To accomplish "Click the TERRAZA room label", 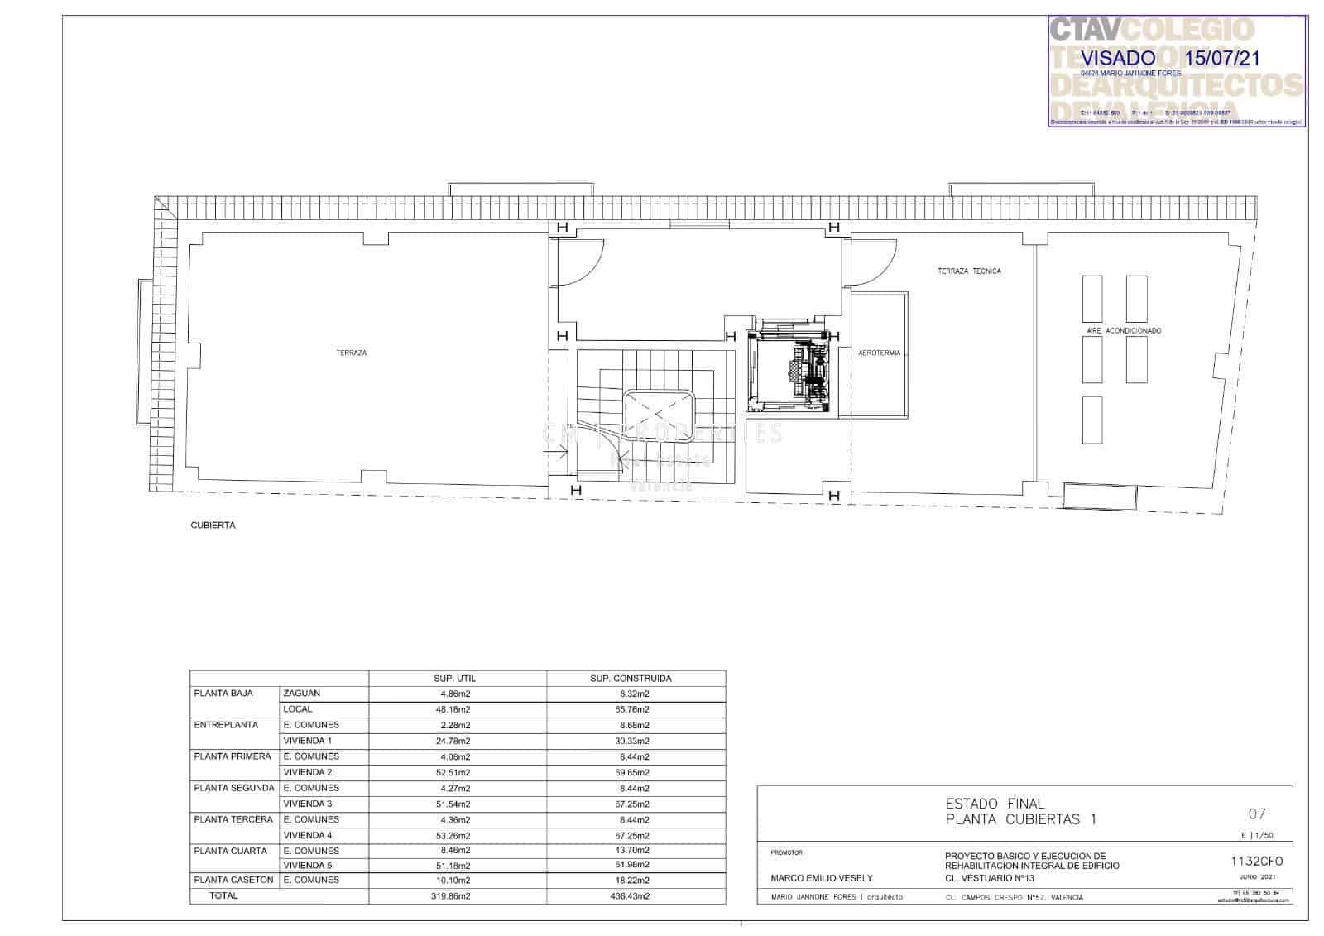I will tap(351, 353).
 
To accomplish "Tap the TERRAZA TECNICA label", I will tap(969, 271).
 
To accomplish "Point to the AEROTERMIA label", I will tap(880, 353).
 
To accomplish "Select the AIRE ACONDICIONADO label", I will tap(1124, 330).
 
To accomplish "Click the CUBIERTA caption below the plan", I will tap(213, 525).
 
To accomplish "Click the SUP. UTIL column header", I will tap(454, 678).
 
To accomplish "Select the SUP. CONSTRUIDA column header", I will tap(631, 678).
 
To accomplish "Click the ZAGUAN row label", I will tap(301, 694).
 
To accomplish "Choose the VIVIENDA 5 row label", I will tap(307, 866).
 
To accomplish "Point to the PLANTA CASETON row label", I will tap(233, 880).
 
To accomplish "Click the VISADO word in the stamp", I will tap(1118, 58).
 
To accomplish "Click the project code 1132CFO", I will tap(1256, 861).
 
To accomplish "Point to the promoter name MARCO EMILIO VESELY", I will tap(821, 878).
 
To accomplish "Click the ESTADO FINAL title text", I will tap(995, 804).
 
